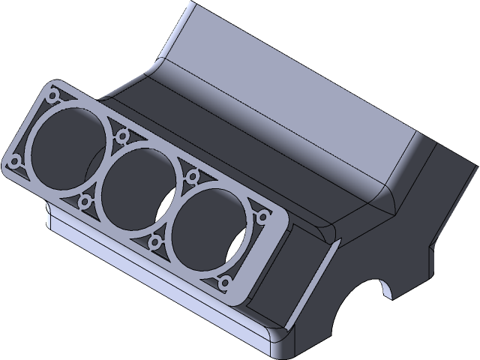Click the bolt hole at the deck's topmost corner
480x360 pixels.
(x=52, y=96)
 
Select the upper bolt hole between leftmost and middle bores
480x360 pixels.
(x=121, y=136)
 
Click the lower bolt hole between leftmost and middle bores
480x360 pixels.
(x=84, y=200)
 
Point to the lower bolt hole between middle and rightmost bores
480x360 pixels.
(x=157, y=241)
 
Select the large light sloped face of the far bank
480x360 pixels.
(x=300, y=97)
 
